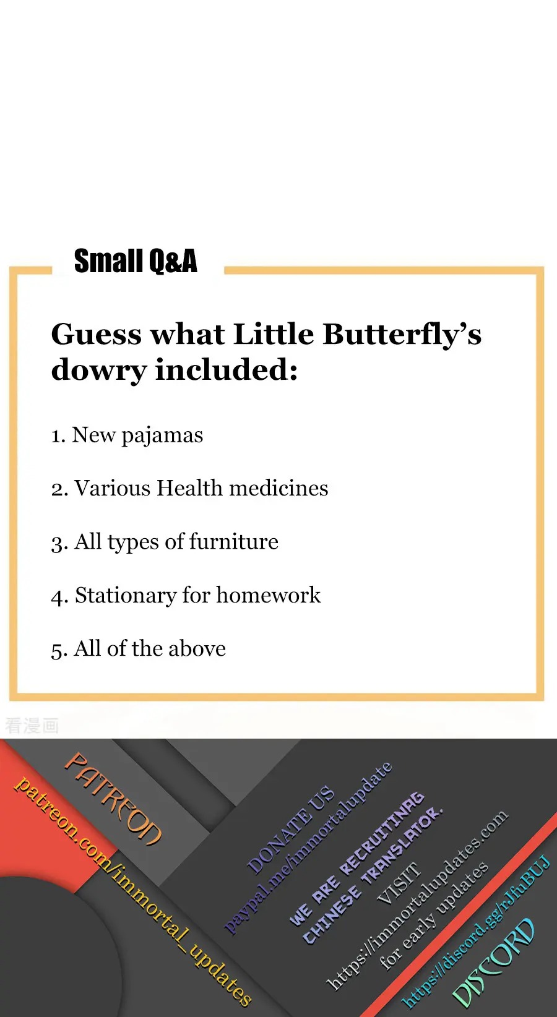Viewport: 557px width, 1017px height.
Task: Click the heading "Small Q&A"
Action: point(136,261)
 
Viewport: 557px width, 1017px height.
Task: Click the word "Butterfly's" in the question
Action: point(402,335)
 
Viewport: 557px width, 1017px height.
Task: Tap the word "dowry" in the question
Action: point(99,371)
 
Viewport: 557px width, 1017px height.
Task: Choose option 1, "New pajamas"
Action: point(127,435)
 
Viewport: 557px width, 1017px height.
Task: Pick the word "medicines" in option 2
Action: point(278,488)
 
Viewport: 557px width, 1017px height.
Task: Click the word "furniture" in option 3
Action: point(233,541)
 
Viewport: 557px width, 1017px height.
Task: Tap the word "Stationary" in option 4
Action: point(126,595)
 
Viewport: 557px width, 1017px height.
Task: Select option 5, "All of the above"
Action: point(138,648)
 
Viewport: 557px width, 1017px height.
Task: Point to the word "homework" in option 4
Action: point(268,594)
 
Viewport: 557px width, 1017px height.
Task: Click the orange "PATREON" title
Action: point(113,799)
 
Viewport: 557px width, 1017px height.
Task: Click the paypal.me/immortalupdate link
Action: point(308,848)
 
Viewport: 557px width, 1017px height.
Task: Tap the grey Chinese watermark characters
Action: point(32,726)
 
